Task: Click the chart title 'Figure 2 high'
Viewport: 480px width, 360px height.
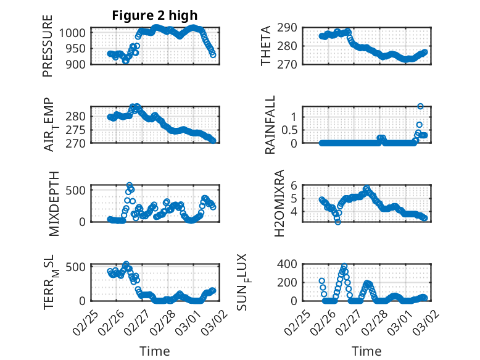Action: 155,15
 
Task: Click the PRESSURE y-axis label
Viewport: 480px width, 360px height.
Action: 48,46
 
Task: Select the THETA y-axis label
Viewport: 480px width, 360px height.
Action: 266,46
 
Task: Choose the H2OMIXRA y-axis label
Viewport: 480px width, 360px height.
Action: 279,203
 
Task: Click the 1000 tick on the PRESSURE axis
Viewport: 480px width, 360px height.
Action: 77,33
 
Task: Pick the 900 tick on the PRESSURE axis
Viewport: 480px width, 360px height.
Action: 80,64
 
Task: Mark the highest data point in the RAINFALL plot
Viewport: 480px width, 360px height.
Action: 420,106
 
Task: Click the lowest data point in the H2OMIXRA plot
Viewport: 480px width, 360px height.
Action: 337,222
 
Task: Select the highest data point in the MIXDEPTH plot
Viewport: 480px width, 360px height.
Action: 130,185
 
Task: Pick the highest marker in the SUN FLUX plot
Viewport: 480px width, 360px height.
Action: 344,266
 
